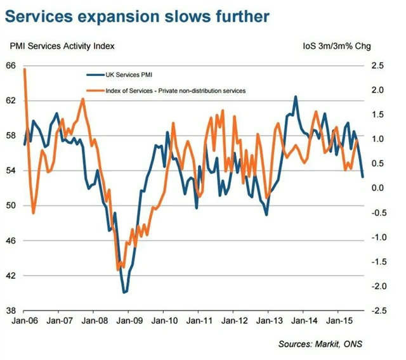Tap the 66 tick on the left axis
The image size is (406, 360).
coord(11,65)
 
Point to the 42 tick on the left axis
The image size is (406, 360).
coord(11,276)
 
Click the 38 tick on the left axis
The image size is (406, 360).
coord(11,311)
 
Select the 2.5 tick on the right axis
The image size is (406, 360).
coord(377,65)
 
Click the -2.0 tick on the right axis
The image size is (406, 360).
coord(376,286)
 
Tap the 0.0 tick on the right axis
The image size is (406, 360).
coord(377,188)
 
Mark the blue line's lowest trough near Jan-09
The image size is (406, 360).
coord(125,292)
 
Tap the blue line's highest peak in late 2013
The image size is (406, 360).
coord(296,96)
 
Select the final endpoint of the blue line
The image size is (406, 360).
coord(363,177)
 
